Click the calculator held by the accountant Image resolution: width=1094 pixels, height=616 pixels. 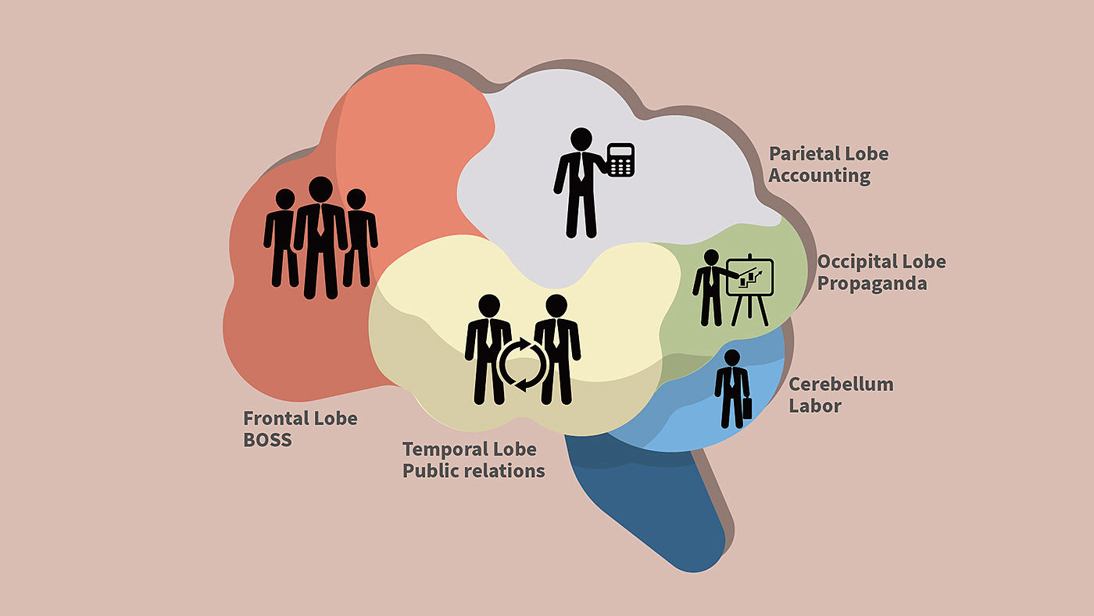coord(620,159)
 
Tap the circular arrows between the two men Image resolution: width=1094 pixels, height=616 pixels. coord(523,364)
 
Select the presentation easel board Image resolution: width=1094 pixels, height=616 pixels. coord(749,278)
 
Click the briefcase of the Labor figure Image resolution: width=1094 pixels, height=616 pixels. coord(746,410)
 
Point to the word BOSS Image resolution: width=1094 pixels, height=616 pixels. coord(267,439)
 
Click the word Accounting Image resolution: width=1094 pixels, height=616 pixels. coord(819,175)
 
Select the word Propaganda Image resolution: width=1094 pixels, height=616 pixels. coord(872,283)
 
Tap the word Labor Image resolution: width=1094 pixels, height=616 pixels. coord(815,406)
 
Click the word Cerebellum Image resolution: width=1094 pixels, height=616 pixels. coord(841,385)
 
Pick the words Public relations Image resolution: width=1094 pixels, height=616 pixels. coord(474,471)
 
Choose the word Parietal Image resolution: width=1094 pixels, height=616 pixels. coord(803,153)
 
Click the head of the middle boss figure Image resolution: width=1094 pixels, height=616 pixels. coord(320,188)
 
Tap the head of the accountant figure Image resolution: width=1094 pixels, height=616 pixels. coord(580,139)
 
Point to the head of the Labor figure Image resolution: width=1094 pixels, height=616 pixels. coord(731,358)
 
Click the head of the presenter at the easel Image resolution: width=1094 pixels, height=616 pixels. coord(710,257)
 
